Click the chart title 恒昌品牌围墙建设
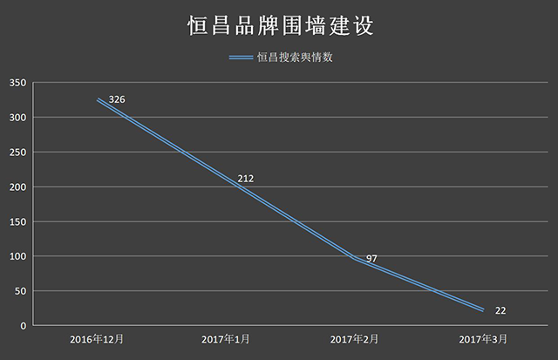pyautogui.click(x=279, y=25)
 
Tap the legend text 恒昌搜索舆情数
pyautogui.click(x=296, y=58)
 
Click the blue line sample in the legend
pyautogui.click(x=241, y=58)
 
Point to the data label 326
pyautogui.click(x=117, y=100)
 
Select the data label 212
pyautogui.click(x=245, y=179)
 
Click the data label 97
pyautogui.click(x=371, y=258)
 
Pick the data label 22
pyautogui.click(x=500, y=310)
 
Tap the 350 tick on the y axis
pyautogui.click(x=18, y=83)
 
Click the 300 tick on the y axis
pyautogui.click(x=18, y=118)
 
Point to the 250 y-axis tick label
pyautogui.click(x=18, y=153)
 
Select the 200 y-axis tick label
pyautogui.click(x=18, y=187)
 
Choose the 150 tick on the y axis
pyautogui.click(x=18, y=221)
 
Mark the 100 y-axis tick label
pyautogui.click(x=18, y=256)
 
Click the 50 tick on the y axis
pyautogui.click(x=21, y=291)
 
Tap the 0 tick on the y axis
pyautogui.click(x=24, y=326)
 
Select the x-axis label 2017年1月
pyautogui.click(x=227, y=338)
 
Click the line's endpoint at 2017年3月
pyautogui.click(x=482, y=310)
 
